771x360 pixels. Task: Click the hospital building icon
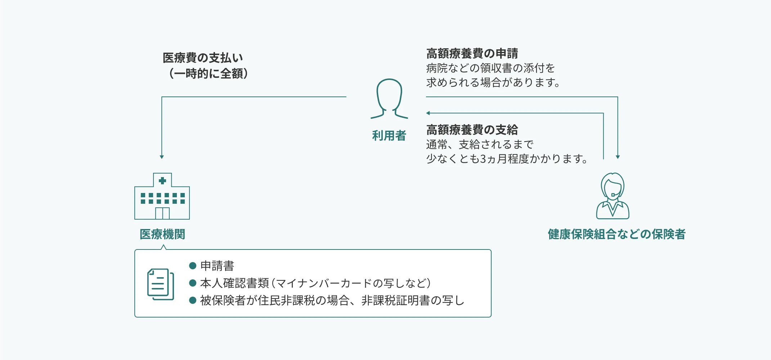pyautogui.click(x=162, y=196)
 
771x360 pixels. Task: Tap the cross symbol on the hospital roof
pyautogui.click(x=162, y=180)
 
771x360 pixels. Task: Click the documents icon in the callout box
pyautogui.click(x=161, y=284)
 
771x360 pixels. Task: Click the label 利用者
pyautogui.click(x=389, y=136)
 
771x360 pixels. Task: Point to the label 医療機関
pyautogui.click(x=162, y=234)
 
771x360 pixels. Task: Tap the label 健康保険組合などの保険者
pyautogui.click(x=617, y=234)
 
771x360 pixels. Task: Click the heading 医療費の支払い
pyautogui.click(x=203, y=58)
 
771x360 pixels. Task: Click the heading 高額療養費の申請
pyautogui.click(x=472, y=53)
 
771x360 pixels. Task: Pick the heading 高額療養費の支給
pyautogui.click(x=472, y=130)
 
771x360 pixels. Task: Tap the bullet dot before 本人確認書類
pyautogui.click(x=193, y=283)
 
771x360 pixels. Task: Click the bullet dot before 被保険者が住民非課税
pyautogui.click(x=193, y=300)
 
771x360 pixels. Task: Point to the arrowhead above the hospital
pyautogui.click(x=162, y=157)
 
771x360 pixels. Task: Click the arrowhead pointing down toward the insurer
pyautogui.click(x=618, y=157)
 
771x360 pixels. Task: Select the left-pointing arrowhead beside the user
pyautogui.click(x=428, y=113)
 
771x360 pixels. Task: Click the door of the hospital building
pyautogui.click(x=162, y=213)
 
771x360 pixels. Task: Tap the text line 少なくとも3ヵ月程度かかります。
pyautogui.click(x=507, y=159)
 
